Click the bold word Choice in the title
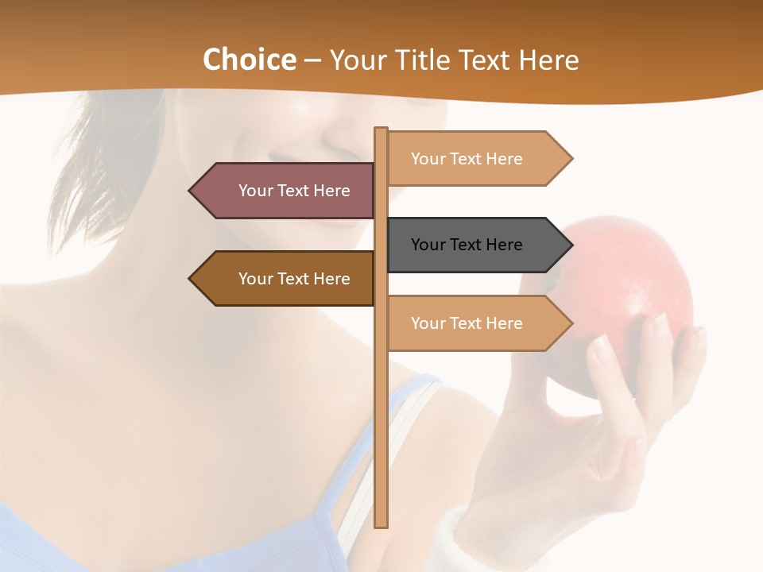249,60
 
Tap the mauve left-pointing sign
286,191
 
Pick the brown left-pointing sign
286,279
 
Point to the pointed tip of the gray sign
570,245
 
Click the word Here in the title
548,60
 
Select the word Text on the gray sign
467,245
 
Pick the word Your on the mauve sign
255,191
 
